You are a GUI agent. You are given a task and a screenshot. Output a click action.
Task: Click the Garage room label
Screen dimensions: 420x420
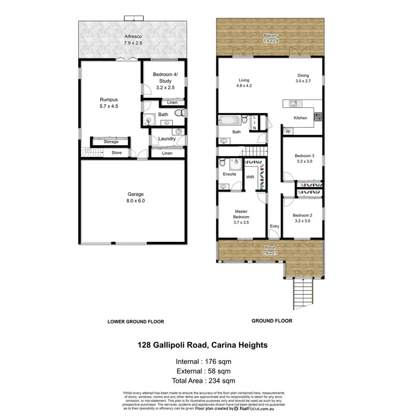click(135, 195)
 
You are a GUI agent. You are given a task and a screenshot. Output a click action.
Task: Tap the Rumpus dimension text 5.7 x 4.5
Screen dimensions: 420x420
click(109, 107)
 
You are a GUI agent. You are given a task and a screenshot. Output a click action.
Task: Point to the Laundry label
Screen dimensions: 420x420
click(167, 139)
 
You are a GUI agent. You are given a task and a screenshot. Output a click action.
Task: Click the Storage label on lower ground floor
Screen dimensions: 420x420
click(111, 142)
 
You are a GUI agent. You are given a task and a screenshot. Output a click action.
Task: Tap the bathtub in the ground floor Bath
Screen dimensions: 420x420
click(229, 120)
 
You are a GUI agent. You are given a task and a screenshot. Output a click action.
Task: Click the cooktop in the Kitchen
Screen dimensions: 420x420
click(318, 117)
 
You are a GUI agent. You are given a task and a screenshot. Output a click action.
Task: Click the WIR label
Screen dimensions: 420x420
click(250, 177)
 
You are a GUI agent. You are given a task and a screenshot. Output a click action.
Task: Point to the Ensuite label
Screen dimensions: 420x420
click(229, 174)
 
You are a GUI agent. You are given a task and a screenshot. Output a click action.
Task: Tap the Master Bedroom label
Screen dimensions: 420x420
click(242, 214)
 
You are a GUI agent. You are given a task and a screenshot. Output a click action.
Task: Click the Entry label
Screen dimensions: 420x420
click(274, 226)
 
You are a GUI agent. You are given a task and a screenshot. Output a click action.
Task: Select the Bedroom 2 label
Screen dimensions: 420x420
click(302, 215)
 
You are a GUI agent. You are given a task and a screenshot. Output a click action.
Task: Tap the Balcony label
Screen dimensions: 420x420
click(271, 36)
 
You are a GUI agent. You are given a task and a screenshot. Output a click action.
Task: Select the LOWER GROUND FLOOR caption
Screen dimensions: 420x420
click(135, 322)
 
